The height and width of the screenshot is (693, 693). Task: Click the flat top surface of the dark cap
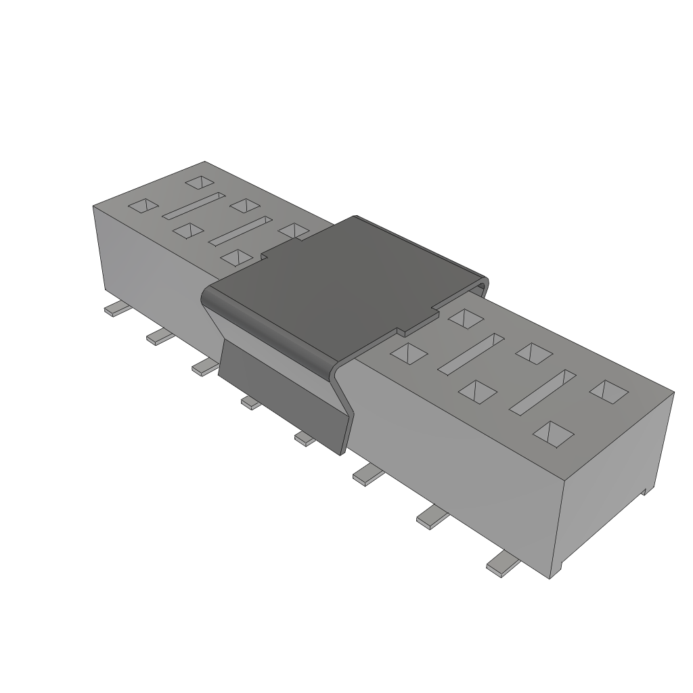pos(345,284)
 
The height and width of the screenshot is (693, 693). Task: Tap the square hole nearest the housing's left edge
pos(143,206)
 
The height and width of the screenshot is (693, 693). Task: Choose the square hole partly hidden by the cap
pos(294,231)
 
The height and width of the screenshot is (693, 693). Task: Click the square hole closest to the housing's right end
pos(607,390)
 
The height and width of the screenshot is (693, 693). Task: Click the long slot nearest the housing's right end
pos(542,392)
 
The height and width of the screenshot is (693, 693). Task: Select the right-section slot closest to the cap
pos(472,353)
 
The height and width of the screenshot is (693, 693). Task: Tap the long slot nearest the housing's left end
pos(194,206)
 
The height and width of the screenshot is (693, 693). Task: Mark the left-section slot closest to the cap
pos(240,231)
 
